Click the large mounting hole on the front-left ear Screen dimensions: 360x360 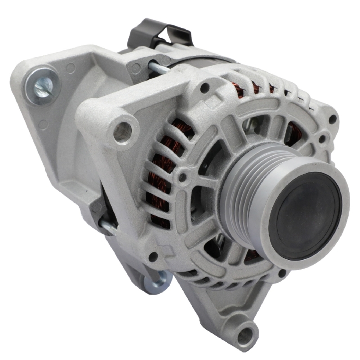pos(122,131)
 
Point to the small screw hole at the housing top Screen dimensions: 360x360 pos(204,86)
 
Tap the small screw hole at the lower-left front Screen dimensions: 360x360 pos(153,257)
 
